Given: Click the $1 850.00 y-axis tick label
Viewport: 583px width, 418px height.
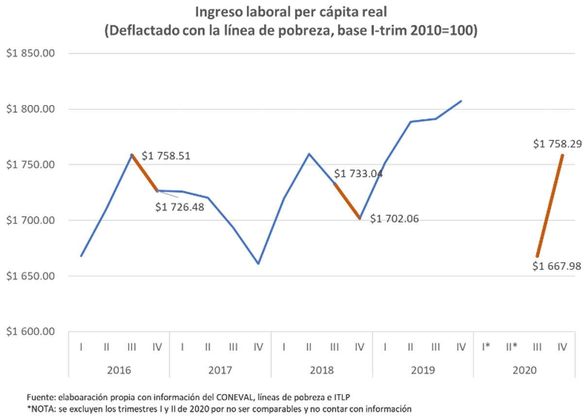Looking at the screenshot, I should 30,53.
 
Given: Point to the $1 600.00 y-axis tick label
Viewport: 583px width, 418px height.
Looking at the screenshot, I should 30,332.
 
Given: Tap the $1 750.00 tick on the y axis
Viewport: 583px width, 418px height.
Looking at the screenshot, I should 30,165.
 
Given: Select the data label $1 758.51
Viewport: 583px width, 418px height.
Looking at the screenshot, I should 166,156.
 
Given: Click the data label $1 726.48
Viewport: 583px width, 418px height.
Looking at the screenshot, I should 180,207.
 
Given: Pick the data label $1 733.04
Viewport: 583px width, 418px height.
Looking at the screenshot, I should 359,174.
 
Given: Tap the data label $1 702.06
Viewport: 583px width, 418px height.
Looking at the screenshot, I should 394,219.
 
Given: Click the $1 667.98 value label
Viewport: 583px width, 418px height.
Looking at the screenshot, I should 557,267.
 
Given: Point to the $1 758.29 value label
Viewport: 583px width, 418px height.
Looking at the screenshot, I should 557,144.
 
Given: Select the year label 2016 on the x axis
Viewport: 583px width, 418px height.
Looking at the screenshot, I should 119,370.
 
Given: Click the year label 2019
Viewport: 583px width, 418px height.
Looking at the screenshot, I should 423,370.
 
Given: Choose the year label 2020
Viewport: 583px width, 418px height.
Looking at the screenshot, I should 524,370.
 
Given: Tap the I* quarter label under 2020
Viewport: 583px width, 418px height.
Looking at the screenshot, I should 486,347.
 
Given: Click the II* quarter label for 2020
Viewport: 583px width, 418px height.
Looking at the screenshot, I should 511,347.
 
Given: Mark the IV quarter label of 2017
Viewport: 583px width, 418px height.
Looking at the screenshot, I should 258,347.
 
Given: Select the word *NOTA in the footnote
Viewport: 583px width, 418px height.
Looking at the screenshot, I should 42,408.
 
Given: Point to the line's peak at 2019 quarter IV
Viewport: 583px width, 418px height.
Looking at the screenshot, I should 461,101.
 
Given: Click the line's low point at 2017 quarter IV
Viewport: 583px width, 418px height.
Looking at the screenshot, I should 258,264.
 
